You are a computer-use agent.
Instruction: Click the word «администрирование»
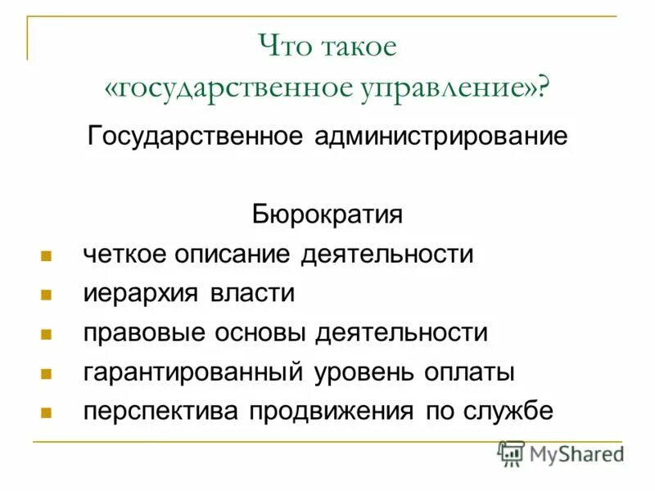pyautogui.click(x=440, y=135)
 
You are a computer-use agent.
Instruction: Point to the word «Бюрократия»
pyautogui.click(x=327, y=215)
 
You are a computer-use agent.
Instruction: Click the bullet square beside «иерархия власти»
pyautogui.click(x=47, y=295)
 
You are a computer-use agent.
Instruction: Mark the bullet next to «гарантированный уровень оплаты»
pyautogui.click(x=47, y=374)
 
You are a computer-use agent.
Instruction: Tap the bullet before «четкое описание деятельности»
pyautogui.click(x=47, y=255)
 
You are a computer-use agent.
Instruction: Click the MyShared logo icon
pyautogui.click(x=511, y=453)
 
